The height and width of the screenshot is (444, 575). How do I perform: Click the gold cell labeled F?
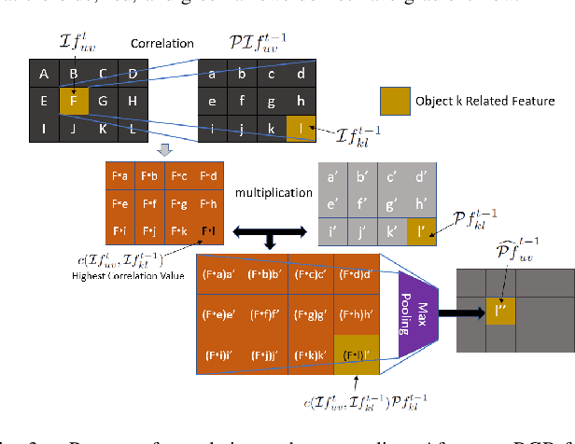[x=74, y=101]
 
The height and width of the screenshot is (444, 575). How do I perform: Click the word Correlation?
[x=161, y=43]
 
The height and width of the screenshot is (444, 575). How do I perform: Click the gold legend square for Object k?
[x=395, y=100]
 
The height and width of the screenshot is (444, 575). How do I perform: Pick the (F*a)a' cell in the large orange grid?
[x=217, y=274]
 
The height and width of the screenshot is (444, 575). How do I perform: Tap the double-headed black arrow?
[x=270, y=229]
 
